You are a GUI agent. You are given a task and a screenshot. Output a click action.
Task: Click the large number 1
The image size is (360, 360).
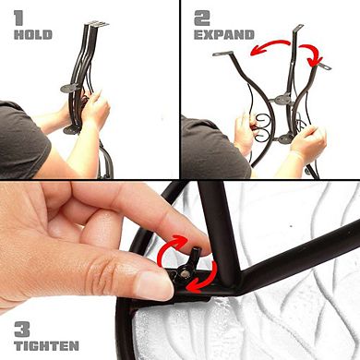click(x=18, y=18)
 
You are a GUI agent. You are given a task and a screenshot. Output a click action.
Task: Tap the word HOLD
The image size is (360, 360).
click(x=33, y=35)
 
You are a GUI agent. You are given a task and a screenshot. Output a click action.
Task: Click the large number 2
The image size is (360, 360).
click(x=202, y=18)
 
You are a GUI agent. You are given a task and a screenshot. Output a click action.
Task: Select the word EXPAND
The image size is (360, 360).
click(x=224, y=35)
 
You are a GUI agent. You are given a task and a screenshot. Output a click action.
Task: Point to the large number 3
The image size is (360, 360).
click(x=22, y=330)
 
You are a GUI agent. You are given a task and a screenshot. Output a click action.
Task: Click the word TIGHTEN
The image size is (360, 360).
click(x=46, y=346)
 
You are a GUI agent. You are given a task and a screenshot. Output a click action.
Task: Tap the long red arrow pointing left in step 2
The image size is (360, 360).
click(x=270, y=46)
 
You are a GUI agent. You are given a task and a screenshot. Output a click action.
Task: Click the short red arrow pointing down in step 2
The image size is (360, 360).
click(x=311, y=54)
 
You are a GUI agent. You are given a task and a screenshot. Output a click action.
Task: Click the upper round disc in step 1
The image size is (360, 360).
click(x=70, y=89)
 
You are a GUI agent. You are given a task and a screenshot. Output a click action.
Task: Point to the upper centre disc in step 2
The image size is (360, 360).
click(x=282, y=100)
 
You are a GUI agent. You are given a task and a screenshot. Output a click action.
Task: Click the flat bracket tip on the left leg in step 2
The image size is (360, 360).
click(x=222, y=54)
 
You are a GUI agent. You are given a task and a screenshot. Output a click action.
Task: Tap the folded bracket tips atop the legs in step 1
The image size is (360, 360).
click(x=98, y=24)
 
